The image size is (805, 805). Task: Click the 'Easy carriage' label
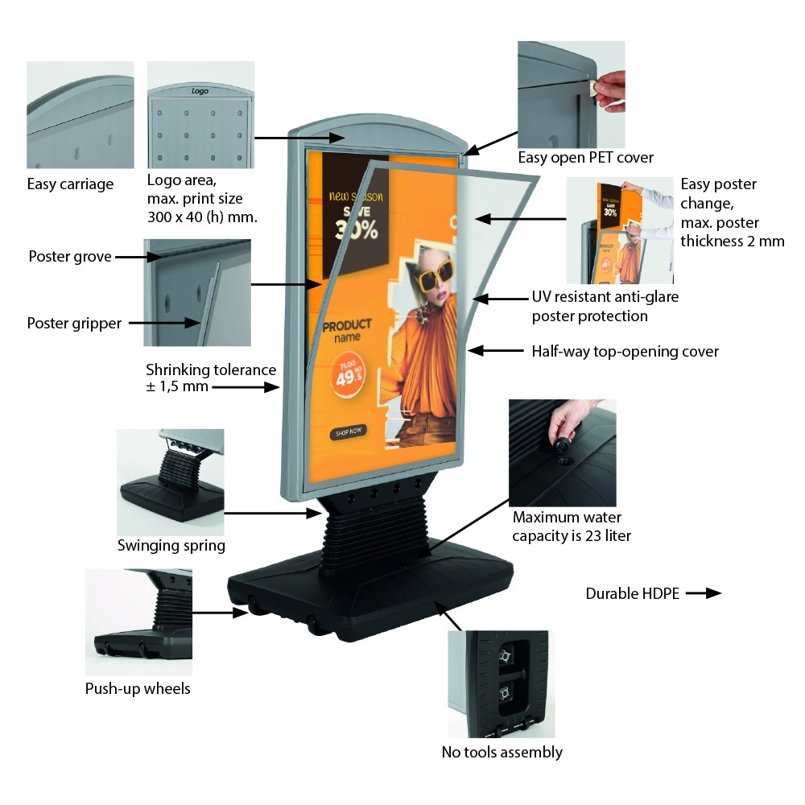click(x=70, y=184)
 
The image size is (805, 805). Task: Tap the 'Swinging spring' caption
click(x=171, y=546)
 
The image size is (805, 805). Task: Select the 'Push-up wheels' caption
click(x=138, y=688)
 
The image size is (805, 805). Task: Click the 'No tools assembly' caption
click(x=502, y=752)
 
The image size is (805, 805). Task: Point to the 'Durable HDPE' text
click(x=632, y=594)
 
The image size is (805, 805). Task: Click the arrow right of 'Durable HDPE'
click(x=703, y=593)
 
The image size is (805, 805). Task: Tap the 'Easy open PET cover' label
click(x=585, y=158)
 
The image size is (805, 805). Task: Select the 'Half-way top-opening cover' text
click(x=625, y=351)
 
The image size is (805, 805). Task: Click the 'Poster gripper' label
click(x=74, y=324)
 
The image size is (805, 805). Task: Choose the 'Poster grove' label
click(x=69, y=257)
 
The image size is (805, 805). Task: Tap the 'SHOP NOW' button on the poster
click(x=347, y=431)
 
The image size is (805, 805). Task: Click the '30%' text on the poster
click(x=354, y=229)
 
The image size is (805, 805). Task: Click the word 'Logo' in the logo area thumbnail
click(x=200, y=91)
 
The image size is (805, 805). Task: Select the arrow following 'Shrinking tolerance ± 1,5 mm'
click(x=246, y=387)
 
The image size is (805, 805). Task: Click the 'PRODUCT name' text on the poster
click(x=347, y=331)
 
